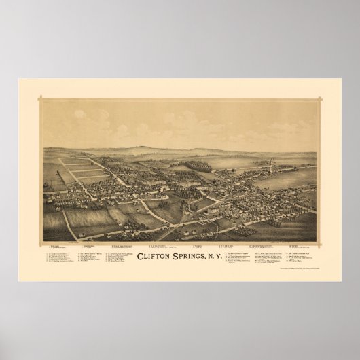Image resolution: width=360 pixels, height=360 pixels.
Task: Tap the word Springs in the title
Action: pos(192,257)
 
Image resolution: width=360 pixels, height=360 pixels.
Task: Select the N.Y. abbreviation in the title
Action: pos(221,257)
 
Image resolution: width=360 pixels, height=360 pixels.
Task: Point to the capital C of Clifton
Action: pos(140,257)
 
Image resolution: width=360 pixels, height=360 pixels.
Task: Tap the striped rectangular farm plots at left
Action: pos(85,170)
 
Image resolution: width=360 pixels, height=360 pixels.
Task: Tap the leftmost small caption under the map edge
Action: pos(54,242)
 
